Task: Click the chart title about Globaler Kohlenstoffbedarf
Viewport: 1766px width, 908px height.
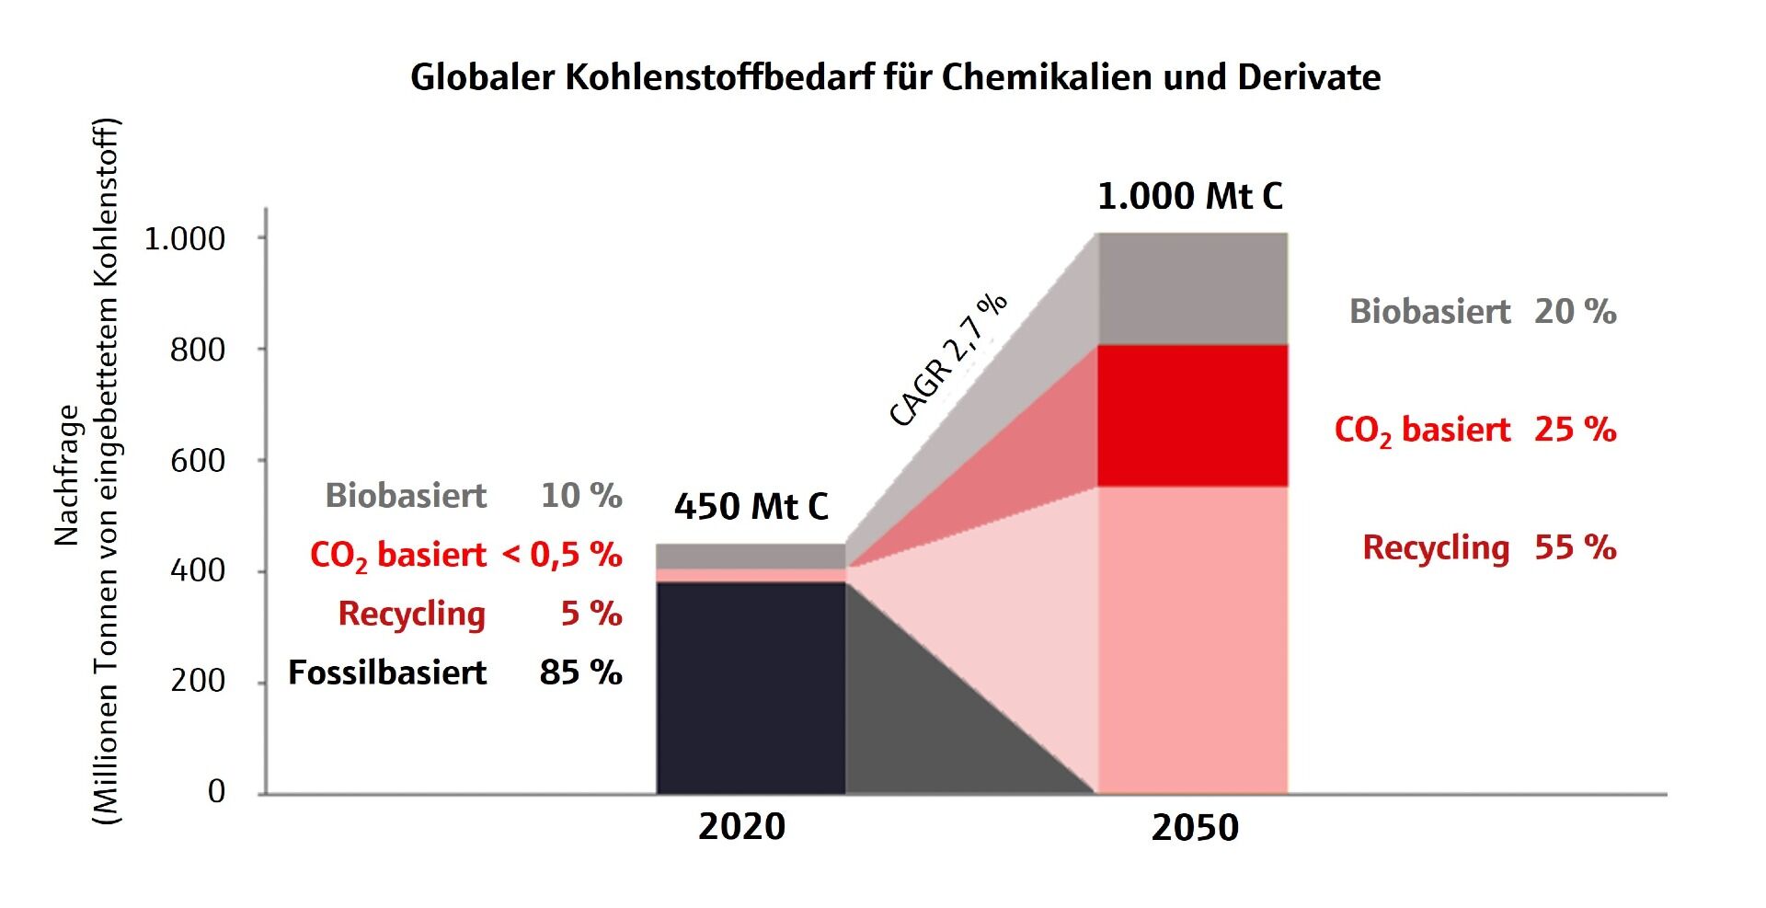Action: pos(895,77)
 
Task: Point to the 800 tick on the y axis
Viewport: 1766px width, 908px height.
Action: pos(198,350)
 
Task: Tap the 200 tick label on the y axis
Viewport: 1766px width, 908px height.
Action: pos(198,681)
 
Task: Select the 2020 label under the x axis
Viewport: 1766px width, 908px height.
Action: pos(741,827)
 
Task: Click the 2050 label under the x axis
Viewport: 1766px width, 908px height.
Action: pos(1195,828)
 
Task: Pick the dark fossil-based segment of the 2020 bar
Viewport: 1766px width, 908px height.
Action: pos(751,687)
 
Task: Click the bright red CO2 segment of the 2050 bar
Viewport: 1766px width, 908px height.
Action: pos(1193,416)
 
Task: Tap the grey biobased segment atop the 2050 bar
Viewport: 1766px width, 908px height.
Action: pos(1193,289)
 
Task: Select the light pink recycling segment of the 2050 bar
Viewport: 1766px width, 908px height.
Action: pos(1193,639)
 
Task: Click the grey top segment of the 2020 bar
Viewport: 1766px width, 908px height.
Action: pos(751,557)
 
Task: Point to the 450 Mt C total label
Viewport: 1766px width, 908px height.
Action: pos(751,506)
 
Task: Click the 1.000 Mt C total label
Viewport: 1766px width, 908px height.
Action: pos(1190,196)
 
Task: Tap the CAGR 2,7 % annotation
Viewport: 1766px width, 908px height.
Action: pos(948,360)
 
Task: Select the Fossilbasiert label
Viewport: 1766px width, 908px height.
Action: pos(387,672)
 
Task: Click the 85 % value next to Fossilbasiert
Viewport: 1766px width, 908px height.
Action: pos(581,672)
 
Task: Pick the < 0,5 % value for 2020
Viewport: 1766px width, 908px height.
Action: pos(562,555)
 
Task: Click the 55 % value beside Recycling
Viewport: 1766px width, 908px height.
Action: pos(1576,547)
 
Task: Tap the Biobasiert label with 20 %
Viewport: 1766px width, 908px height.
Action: pos(1430,312)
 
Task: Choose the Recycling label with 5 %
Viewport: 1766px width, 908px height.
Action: pos(412,615)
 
